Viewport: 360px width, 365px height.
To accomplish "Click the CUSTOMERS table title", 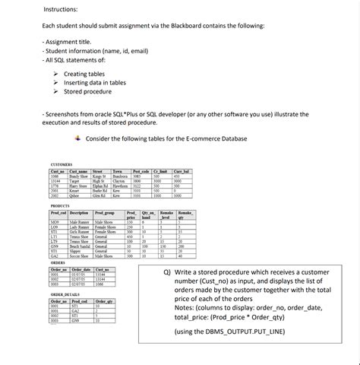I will (61, 164).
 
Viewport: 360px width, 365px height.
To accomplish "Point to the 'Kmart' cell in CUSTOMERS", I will (76, 190).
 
